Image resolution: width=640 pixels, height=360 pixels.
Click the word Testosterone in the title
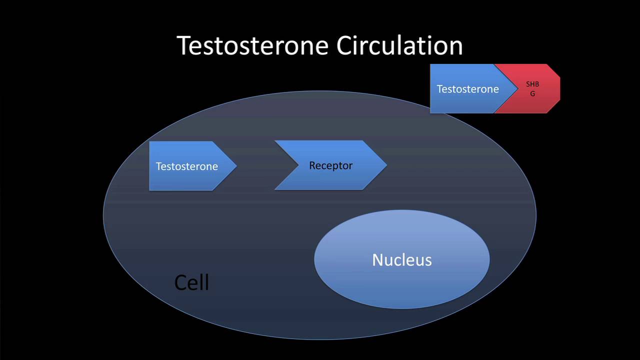pyautogui.click(x=252, y=45)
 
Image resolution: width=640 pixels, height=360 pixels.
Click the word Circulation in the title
pyautogui.click(x=399, y=45)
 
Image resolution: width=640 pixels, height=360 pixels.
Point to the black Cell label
pyautogui.click(x=191, y=283)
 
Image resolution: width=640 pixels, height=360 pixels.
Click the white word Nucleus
pyautogui.click(x=401, y=260)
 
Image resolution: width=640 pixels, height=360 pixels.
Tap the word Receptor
pyautogui.click(x=330, y=165)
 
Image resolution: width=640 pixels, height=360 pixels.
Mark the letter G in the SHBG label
pyautogui.click(x=532, y=94)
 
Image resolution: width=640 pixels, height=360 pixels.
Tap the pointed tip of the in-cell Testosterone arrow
pyautogui.click(x=235, y=166)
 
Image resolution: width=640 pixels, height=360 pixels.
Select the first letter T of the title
pyautogui.click(x=183, y=45)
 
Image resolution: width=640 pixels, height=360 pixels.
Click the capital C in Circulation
pyautogui.click(x=344, y=45)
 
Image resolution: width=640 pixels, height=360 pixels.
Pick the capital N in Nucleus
pyautogui.click(x=378, y=260)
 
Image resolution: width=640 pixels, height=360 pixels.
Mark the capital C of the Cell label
pyautogui.click(x=180, y=283)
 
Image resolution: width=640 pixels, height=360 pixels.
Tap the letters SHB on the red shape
pyautogui.click(x=532, y=84)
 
